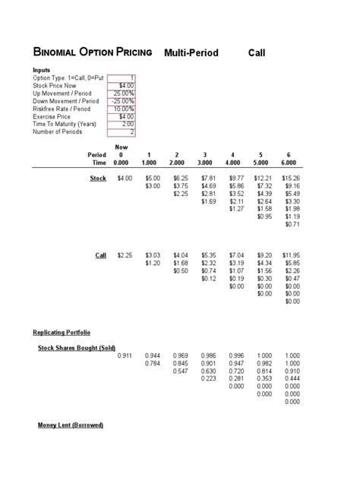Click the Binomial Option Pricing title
click(x=93, y=52)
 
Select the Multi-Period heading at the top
click(x=191, y=52)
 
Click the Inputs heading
click(x=43, y=70)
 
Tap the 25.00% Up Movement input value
click(x=122, y=93)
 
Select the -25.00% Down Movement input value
click(x=121, y=101)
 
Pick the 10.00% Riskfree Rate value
click(x=122, y=109)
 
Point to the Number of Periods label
click(x=58, y=131)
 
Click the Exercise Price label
click(x=51, y=116)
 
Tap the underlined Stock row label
click(x=98, y=178)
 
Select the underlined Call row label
click(x=100, y=255)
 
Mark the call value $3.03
click(x=153, y=255)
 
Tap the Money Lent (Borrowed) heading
click(x=71, y=425)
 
